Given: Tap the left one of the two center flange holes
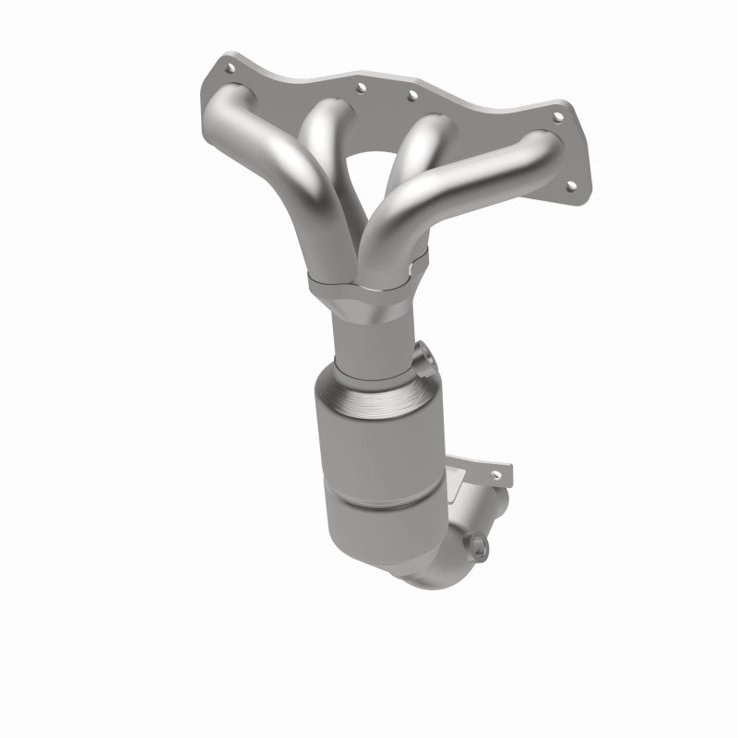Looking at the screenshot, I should point(360,89).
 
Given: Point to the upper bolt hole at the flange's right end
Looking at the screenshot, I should point(556,117).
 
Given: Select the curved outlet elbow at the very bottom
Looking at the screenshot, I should point(434,572).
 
